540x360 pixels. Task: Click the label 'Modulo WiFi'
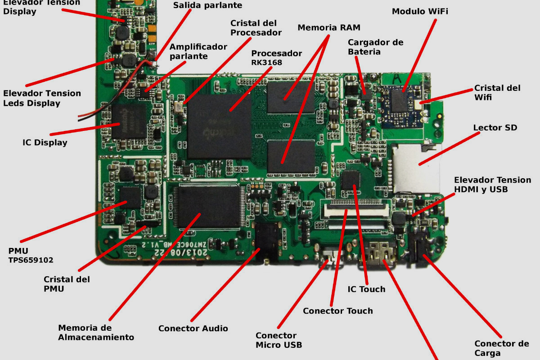pos(419,11)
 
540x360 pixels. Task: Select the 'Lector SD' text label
pos(495,128)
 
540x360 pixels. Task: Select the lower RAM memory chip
pos(290,157)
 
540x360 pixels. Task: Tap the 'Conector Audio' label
pos(193,328)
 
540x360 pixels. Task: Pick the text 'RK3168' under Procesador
pos(266,63)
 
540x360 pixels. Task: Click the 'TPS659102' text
pos(31,260)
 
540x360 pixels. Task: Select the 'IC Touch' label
pos(366,289)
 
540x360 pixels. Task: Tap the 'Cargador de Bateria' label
pos(375,47)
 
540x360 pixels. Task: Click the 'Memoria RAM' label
pos(329,27)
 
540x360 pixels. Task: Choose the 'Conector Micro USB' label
pos(279,340)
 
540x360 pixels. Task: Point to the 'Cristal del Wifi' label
pos(497,93)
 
